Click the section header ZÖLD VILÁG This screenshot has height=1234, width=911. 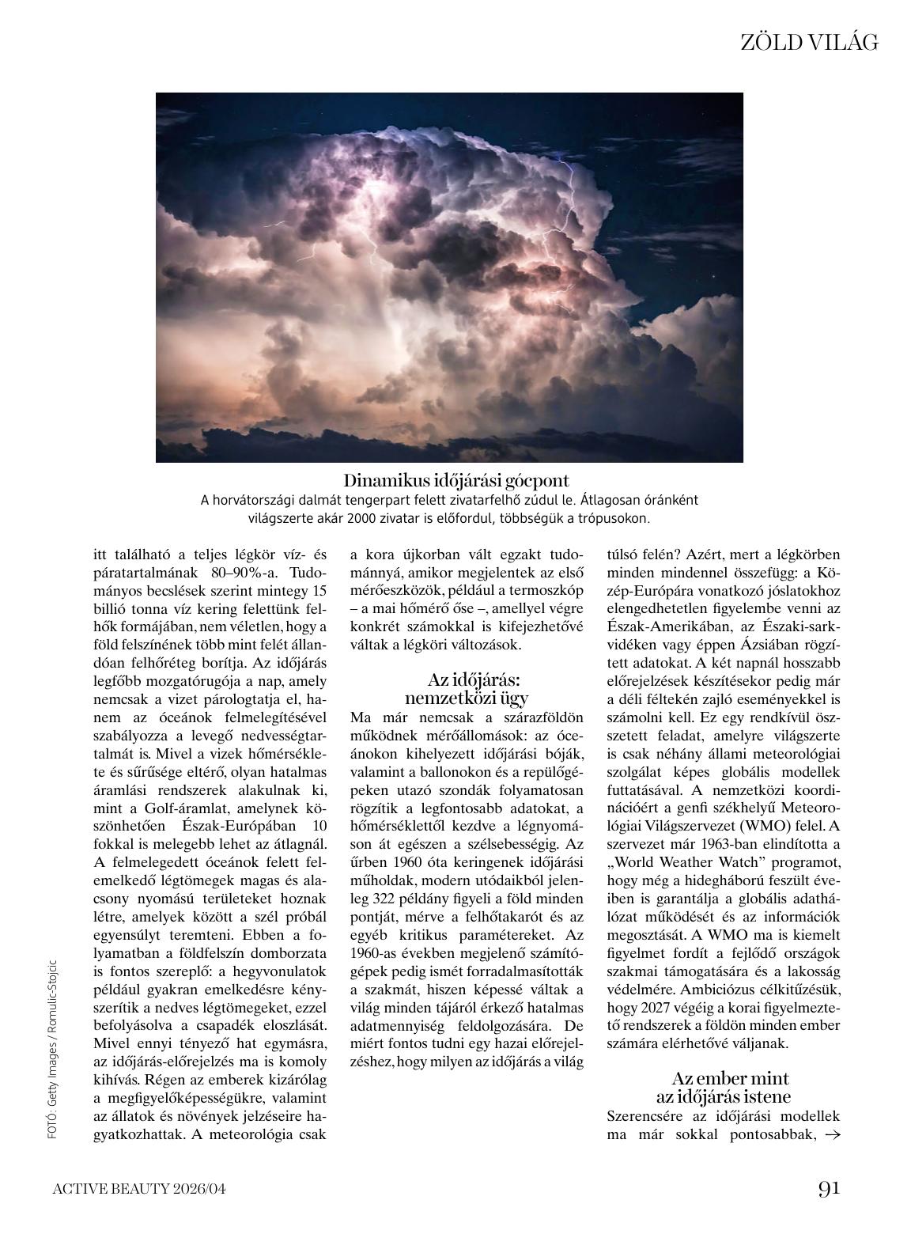pyautogui.click(x=808, y=43)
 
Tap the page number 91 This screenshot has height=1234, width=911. pyautogui.click(x=828, y=1188)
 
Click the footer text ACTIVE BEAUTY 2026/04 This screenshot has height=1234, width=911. pyautogui.click(x=143, y=1189)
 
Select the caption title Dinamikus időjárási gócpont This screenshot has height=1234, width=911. pyautogui.click(x=456, y=480)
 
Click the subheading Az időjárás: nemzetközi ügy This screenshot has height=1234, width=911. pyautogui.click(x=467, y=688)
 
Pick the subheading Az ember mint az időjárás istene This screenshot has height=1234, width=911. pyautogui.click(x=723, y=1087)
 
